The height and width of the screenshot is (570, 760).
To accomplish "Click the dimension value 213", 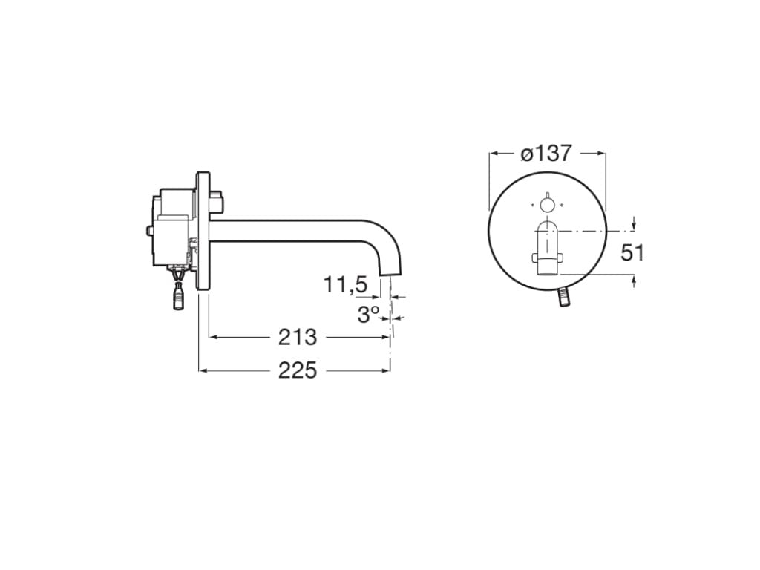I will [297, 337].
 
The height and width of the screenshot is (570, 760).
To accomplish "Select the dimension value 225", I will [297, 370].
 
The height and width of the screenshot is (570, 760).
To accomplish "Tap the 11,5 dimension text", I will [345, 284].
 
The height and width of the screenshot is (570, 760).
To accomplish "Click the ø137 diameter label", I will [546, 154].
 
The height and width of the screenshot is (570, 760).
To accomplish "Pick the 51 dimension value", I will [632, 252].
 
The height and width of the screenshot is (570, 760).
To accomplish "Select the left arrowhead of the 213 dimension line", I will [212, 338].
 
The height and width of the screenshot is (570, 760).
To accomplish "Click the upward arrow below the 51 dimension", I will [634, 280].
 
